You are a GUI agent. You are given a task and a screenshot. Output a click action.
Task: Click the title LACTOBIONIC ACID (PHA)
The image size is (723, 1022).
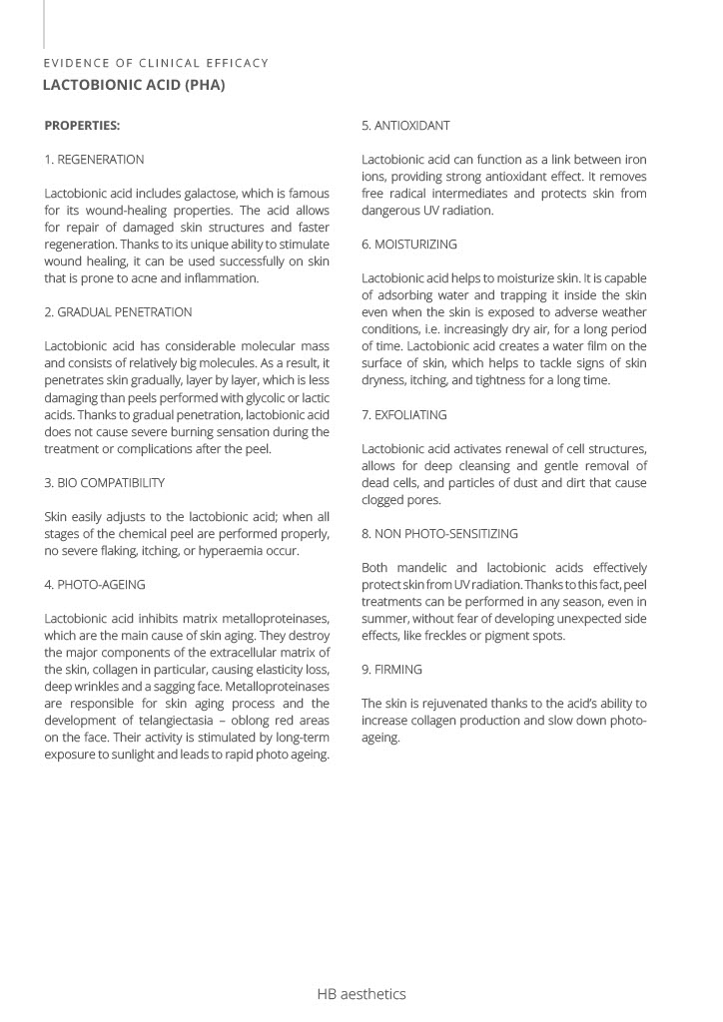(133, 85)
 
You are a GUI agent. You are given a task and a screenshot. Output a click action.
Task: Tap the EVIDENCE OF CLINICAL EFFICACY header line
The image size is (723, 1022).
(156, 63)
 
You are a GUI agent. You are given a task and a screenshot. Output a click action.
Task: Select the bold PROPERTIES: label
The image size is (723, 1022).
(82, 126)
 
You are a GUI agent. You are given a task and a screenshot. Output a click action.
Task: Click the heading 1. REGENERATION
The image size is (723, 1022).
(94, 160)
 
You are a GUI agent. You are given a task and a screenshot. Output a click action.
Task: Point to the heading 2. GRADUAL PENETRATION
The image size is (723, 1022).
(118, 312)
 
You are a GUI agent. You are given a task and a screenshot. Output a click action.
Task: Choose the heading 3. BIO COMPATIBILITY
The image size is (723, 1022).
(105, 483)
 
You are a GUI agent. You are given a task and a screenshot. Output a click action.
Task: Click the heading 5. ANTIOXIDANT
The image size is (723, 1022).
(405, 126)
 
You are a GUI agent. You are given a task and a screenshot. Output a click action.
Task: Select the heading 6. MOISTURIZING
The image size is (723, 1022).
(409, 245)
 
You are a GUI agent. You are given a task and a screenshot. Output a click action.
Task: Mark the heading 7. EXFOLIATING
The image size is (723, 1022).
(404, 415)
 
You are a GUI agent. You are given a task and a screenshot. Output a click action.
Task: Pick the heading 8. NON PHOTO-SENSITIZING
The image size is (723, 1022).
(439, 534)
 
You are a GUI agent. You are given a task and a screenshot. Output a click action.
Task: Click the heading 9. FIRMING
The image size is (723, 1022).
(391, 670)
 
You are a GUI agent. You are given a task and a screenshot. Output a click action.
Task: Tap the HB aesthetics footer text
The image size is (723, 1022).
(361, 994)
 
